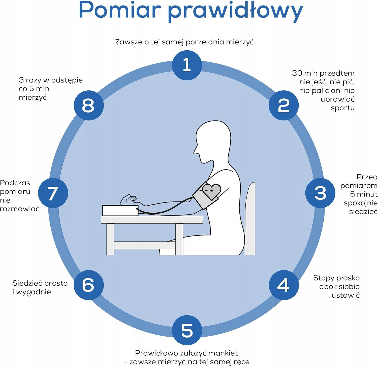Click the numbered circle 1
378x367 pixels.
coord(187,65)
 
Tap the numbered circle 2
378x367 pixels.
coord(283,105)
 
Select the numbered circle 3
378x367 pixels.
coord(320,193)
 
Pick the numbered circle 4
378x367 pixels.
coord(283,285)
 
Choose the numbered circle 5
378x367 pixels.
coord(187,330)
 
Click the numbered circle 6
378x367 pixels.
coord(88,285)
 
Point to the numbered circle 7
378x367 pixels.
coord(53,193)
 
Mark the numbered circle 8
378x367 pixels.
coord(88,105)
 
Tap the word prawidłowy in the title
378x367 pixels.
coord(235,11)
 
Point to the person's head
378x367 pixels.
coord(213,141)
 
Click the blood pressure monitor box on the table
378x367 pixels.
coord(120,210)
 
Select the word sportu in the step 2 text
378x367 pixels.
coord(342,108)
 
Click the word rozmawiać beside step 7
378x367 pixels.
coord(20,209)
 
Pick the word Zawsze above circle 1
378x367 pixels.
coord(129,42)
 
